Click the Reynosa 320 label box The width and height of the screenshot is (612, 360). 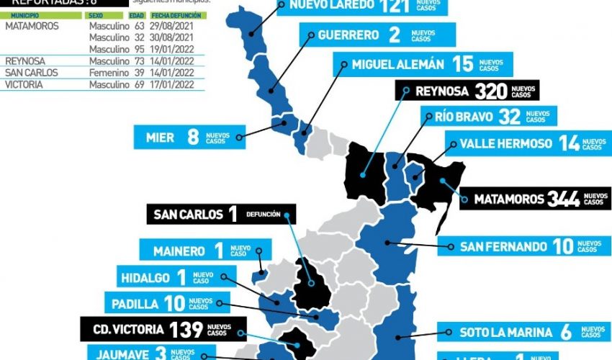coord(467,91)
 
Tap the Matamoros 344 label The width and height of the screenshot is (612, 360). coord(536,199)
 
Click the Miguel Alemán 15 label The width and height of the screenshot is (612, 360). coord(423,65)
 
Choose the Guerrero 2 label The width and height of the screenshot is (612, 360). coord(378,35)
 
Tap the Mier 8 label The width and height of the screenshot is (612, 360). coord(189,136)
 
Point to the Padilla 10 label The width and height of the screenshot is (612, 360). coord(167,302)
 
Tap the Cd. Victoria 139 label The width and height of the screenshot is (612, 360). coord(163,330)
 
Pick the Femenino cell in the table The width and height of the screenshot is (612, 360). coord(108,73)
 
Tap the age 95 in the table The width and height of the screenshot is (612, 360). coord(139,49)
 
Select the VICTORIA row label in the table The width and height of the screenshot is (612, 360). coord(24,84)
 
